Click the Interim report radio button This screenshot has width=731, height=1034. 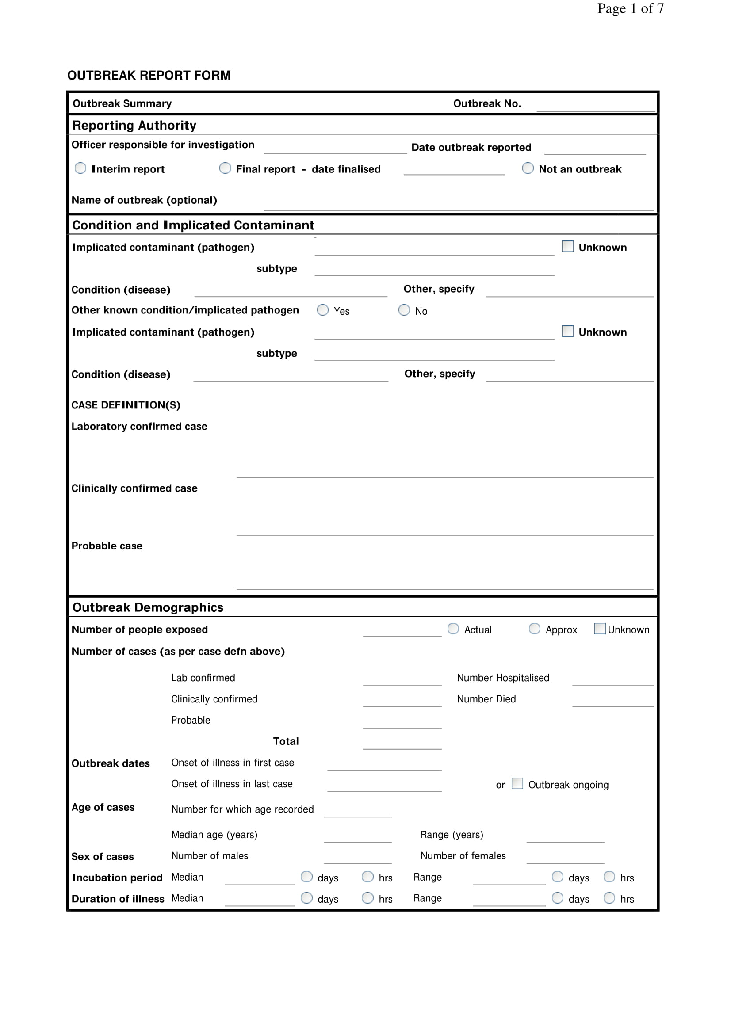pyautogui.click(x=80, y=168)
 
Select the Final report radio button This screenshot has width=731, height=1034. pyautogui.click(x=225, y=168)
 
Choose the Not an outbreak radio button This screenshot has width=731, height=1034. pyautogui.click(x=528, y=168)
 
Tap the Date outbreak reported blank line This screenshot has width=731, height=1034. pyautogui.click(x=594, y=149)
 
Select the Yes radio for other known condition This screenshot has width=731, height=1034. pyautogui.click(x=322, y=310)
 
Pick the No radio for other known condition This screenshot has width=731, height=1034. pyautogui.click(x=404, y=310)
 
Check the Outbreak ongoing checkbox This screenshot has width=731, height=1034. pyautogui.click(x=517, y=783)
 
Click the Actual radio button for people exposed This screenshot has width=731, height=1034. pyautogui.click(x=453, y=628)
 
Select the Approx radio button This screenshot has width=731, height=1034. pyautogui.click(x=534, y=628)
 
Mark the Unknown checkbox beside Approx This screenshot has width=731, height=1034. pyautogui.click(x=600, y=628)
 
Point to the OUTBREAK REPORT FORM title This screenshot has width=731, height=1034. pyautogui.click(x=149, y=75)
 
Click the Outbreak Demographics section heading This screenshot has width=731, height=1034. pyautogui.click(x=148, y=607)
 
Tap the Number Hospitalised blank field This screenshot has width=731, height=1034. pyautogui.click(x=612, y=679)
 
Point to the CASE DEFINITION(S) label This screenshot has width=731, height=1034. pyautogui.click(x=126, y=405)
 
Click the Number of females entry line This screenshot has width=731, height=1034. pyautogui.click(x=565, y=858)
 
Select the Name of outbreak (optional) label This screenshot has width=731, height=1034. pyautogui.click(x=144, y=200)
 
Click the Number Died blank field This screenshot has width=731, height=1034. pyautogui.click(x=612, y=701)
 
